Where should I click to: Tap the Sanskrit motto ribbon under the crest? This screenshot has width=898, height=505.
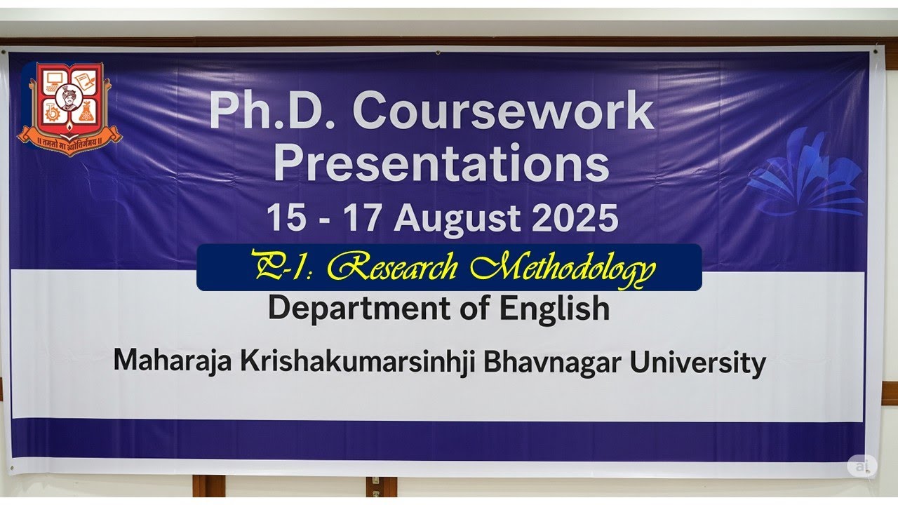69,141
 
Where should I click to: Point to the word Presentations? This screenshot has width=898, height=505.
441,163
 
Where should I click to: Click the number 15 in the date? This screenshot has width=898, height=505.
286,218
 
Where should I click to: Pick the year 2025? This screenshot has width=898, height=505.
575,218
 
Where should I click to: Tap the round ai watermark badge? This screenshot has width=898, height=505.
861,466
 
